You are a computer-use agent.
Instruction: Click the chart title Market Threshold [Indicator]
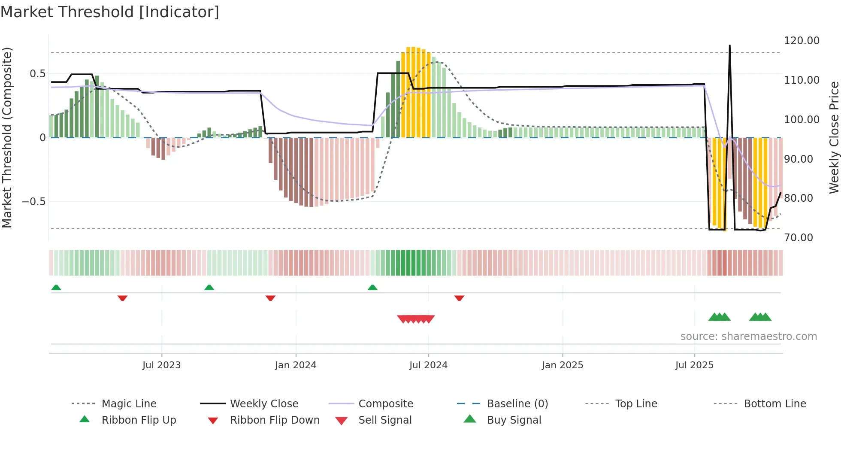(110, 12)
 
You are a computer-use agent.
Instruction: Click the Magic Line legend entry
(129, 404)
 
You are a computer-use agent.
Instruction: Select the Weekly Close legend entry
(264, 404)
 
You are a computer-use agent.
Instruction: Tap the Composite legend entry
(386, 404)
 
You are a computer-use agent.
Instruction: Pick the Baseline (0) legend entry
(517, 404)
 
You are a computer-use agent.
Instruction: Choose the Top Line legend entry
(636, 404)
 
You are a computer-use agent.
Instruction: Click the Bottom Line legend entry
(774, 404)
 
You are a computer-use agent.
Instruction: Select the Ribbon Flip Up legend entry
(139, 420)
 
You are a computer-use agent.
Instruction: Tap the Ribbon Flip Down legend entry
(275, 420)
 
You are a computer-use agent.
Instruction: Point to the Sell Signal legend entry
(385, 420)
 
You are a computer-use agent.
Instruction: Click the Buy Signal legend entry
(514, 420)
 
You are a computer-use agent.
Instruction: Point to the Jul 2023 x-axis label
(162, 365)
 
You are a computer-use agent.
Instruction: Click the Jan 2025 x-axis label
(563, 365)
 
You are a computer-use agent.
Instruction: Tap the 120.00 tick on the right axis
(802, 41)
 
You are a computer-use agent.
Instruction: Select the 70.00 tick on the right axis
(799, 238)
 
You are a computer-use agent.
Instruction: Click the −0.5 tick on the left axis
(34, 202)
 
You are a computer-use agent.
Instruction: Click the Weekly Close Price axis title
(834, 137)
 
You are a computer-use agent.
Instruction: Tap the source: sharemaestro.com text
(748, 337)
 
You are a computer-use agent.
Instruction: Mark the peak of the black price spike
(729, 45)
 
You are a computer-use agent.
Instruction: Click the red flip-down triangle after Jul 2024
(459, 298)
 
